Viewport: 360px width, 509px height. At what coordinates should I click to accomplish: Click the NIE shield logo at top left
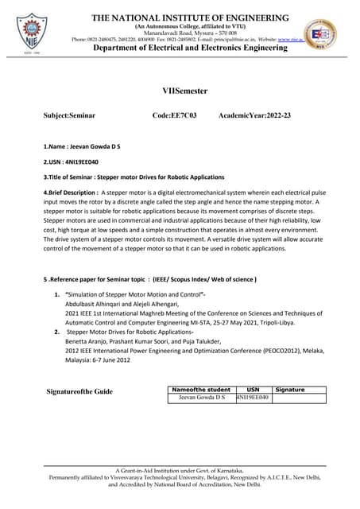pos(31,31)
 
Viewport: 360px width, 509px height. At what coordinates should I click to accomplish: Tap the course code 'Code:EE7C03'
pos(174,116)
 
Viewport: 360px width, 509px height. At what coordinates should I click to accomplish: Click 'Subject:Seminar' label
pos(69,116)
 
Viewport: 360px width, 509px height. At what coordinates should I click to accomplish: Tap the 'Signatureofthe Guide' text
pos(79,391)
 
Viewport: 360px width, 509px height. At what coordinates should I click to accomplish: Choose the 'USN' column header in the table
pos(254,390)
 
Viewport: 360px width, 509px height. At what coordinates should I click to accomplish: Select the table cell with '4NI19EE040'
pos(254,398)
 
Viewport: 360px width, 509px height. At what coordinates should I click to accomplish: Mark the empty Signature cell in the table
pos(300,398)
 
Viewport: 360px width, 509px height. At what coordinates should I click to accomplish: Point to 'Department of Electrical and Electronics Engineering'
pos(190,49)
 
